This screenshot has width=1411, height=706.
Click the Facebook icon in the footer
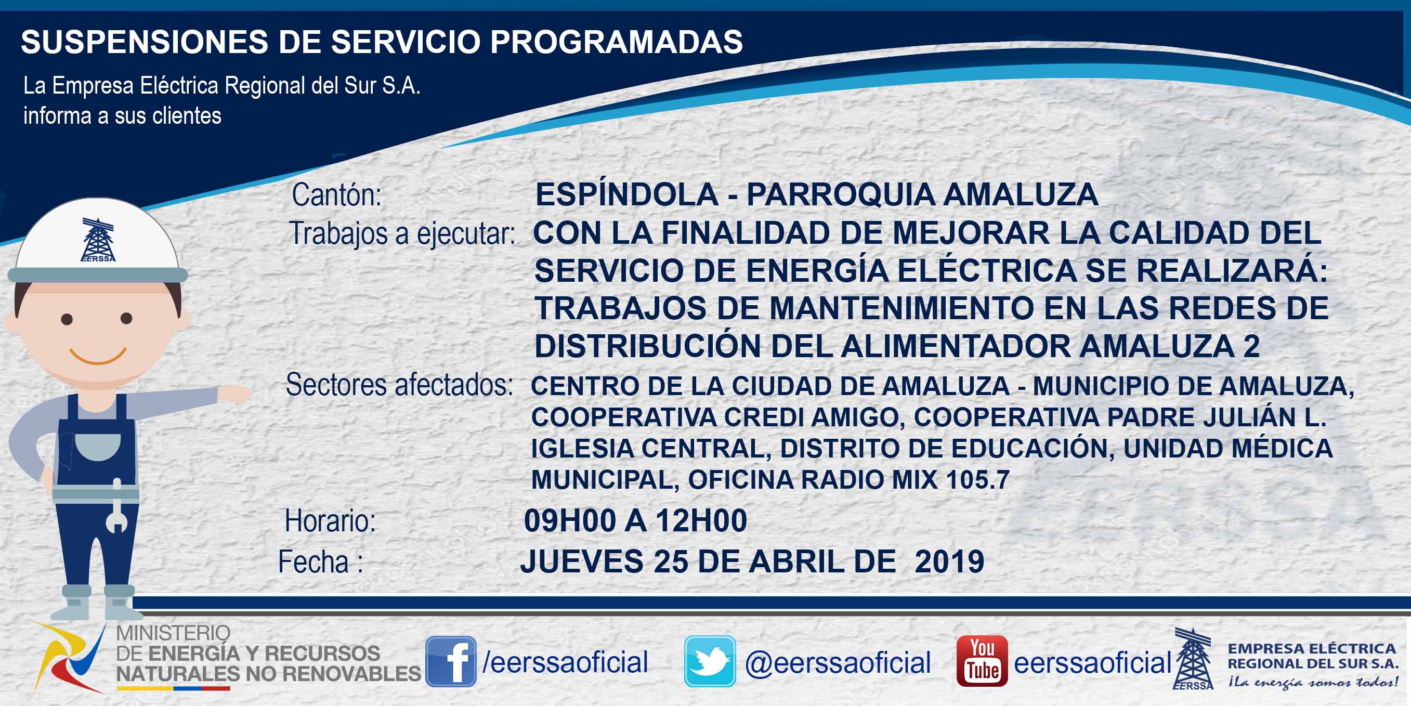coord(451,661)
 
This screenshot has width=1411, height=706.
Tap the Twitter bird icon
coord(710,661)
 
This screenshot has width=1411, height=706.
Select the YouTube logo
coord(982,661)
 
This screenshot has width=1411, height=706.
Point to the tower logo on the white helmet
coord(98,240)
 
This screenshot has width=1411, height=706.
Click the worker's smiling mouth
coord(99,356)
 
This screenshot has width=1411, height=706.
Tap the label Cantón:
coord(336,195)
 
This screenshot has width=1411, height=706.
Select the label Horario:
coord(330,520)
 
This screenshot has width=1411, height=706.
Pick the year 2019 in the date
coord(949,562)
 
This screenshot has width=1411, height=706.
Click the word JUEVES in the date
coord(582,562)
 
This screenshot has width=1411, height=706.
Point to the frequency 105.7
coord(977,480)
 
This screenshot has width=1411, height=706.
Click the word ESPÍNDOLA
coord(626,194)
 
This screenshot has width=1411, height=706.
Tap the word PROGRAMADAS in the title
coord(616,42)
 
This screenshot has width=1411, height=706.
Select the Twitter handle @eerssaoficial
coord(838,663)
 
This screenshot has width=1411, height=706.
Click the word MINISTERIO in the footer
coord(173,633)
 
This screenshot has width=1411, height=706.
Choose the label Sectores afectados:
coord(399,385)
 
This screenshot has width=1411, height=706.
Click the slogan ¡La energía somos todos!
coord(1313,683)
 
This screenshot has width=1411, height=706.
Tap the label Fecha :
coord(320,562)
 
